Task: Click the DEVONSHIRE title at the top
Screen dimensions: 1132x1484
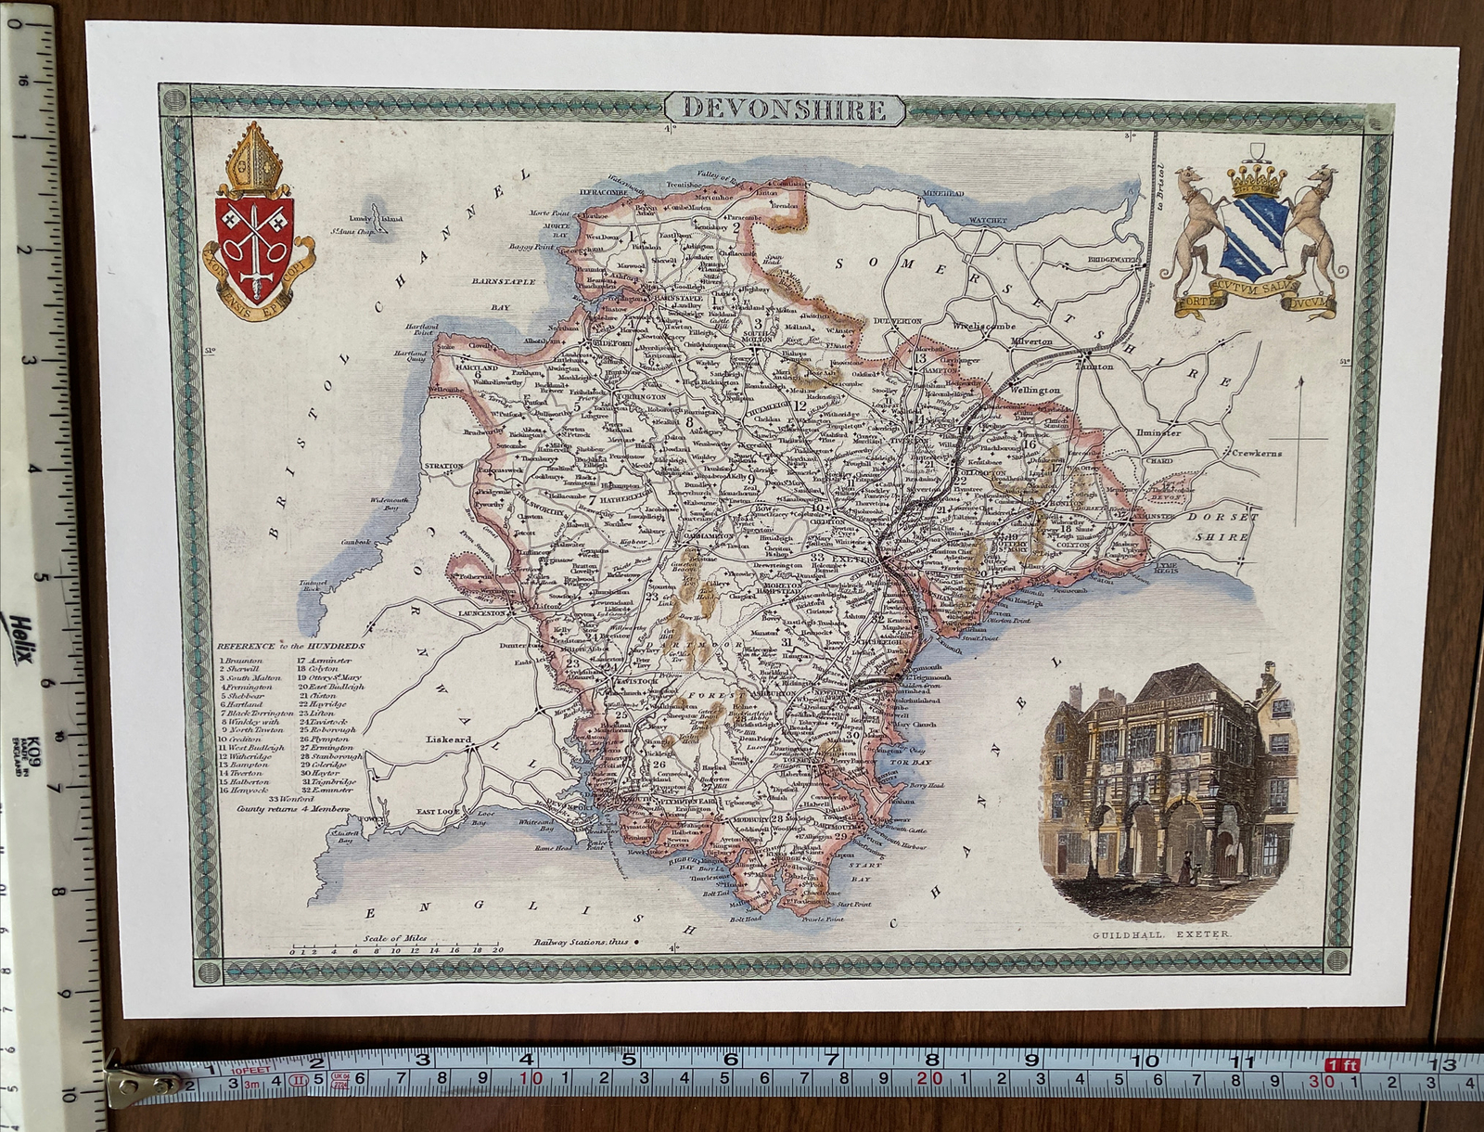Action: pos(784,109)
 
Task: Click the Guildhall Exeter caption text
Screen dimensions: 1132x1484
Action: pos(1161,933)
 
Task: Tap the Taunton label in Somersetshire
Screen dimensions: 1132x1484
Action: pos(1094,366)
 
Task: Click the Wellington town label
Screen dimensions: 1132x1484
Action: pos(1034,390)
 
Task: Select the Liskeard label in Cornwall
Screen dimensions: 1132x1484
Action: pos(449,740)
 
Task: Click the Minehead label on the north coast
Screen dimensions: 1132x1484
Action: pos(943,194)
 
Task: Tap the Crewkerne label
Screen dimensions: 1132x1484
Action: pos(1256,453)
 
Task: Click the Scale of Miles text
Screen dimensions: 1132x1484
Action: pos(396,938)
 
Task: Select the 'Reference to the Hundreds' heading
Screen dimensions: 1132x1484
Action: pos(291,646)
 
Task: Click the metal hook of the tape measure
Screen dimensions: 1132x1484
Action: pos(139,1082)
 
